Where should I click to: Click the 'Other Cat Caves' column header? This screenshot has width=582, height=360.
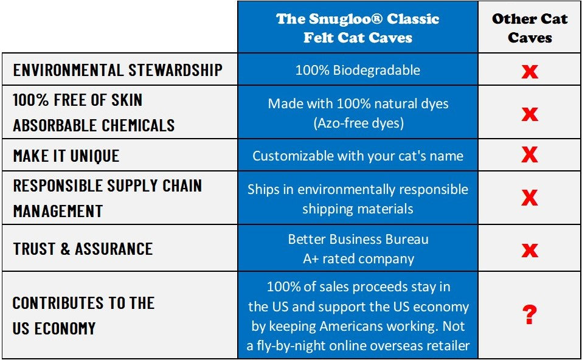click(x=530, y=27)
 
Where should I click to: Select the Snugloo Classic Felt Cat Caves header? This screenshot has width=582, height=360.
click(x=358, y=27)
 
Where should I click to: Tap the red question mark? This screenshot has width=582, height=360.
click(x=530, y=315)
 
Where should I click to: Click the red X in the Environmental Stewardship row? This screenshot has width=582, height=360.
click(x=530, y=71)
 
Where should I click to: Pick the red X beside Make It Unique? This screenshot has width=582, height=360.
click(x=530, y=155)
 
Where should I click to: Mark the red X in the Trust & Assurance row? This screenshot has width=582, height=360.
click(x=530, y=249)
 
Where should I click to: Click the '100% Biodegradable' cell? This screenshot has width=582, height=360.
click(x=358, y=70)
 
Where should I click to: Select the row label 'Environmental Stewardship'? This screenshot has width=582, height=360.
click(x=117, y=70)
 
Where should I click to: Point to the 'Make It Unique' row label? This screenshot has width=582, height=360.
click(x=66, y=156)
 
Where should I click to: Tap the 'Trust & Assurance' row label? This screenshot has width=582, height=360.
click(x=83, y=249)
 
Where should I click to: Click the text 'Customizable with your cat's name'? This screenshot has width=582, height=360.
click(x=358, y=156)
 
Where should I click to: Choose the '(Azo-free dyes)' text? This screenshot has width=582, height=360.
click(x=358, y=123)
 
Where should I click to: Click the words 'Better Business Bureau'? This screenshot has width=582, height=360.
click(x=358, y=239)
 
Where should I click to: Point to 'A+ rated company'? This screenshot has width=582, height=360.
click(x=358, y=258)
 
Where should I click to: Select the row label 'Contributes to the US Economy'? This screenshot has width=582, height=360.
click(x=83, y=316)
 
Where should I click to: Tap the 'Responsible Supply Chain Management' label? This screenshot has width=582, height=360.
click(x=107, y=198)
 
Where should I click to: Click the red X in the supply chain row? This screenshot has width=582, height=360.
click(x=530, y=198)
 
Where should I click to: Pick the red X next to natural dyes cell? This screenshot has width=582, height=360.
click(x=530, y=113)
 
